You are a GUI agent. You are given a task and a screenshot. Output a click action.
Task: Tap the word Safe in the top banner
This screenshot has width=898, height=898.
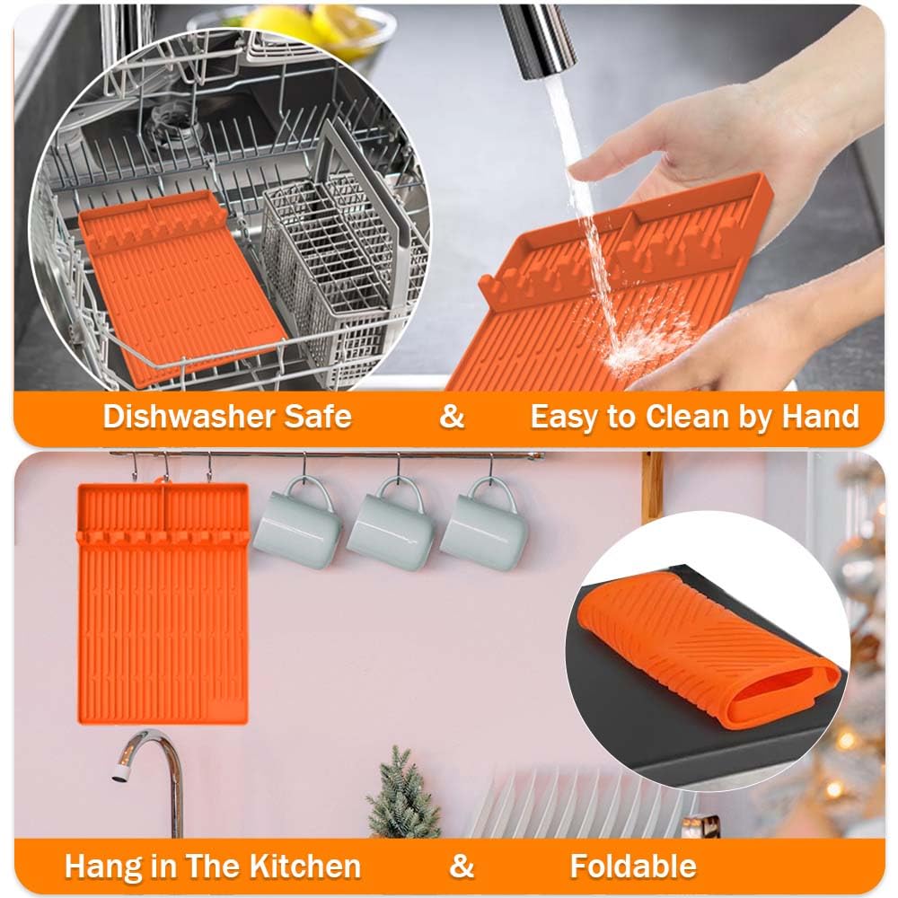[x=319, y=417]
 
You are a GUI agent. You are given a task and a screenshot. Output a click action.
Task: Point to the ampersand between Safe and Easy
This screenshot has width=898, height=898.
[x=452, y=417]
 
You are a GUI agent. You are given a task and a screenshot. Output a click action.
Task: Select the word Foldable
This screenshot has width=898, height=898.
[x=633, y=866]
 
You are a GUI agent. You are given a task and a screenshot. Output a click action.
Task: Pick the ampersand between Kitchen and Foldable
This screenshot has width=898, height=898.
[x=462, y=866]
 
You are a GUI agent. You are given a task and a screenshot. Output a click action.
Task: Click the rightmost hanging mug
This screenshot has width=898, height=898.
[x=485, y=524]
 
